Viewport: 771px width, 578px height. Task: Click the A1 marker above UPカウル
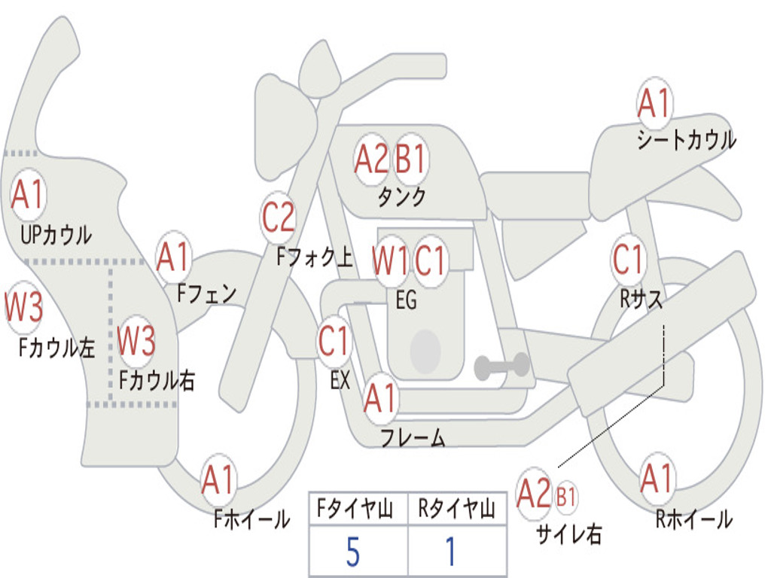tap(28, 195)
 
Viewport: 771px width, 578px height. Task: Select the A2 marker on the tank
tap(372, 159)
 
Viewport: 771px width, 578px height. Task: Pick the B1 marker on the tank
tap(410, 159)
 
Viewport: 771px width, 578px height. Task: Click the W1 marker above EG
tap(390, 260)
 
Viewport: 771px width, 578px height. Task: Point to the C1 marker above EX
tap(334, 341)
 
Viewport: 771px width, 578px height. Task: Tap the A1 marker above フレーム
tap(380, 397)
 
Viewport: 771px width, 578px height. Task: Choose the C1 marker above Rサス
tap(628, 259)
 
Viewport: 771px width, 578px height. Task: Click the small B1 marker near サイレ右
tap(565, 497)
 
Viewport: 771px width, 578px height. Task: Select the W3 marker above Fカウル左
tap(23, 307)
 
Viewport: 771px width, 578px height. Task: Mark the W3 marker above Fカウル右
tap(136, 339)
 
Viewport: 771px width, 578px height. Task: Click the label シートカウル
tap(687, 139)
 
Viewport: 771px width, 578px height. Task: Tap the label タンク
tap(401, 196)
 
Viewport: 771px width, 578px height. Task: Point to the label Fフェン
tap(206, 294)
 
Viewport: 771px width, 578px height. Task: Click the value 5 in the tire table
tap(352, 552)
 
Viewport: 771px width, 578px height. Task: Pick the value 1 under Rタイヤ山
tap(451, 552)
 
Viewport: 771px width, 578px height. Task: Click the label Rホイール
tap(693, 519)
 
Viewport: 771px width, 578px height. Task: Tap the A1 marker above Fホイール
tap(218, 479)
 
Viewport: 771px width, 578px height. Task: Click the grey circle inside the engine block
tap(425, 351)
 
